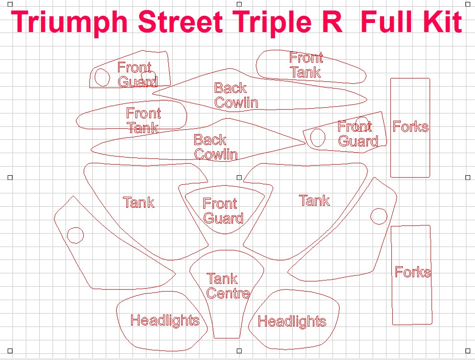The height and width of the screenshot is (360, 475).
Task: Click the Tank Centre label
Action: (228, 286)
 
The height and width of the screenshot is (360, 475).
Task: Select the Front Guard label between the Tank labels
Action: (223, 211)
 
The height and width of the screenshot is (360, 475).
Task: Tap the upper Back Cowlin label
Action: (236, 95)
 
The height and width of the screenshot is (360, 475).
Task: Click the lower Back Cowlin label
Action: (215, 147)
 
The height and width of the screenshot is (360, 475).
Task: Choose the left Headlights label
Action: (165, 320)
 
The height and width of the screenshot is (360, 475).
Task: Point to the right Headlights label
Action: (292, 321)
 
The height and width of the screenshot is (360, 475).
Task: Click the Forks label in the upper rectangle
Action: (410, 126)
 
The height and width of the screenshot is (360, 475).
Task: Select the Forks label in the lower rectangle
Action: (413, 272)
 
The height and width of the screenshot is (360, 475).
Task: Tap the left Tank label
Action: (139, 202)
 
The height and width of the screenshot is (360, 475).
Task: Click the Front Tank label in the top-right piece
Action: (306, 66)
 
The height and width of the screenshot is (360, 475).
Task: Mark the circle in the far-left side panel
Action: (75, 235)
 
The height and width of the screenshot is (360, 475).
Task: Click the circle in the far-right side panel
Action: (379, 216)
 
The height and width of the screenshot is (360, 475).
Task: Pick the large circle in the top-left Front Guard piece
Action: (102, 78)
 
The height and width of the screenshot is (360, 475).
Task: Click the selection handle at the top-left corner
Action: (10, 3)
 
